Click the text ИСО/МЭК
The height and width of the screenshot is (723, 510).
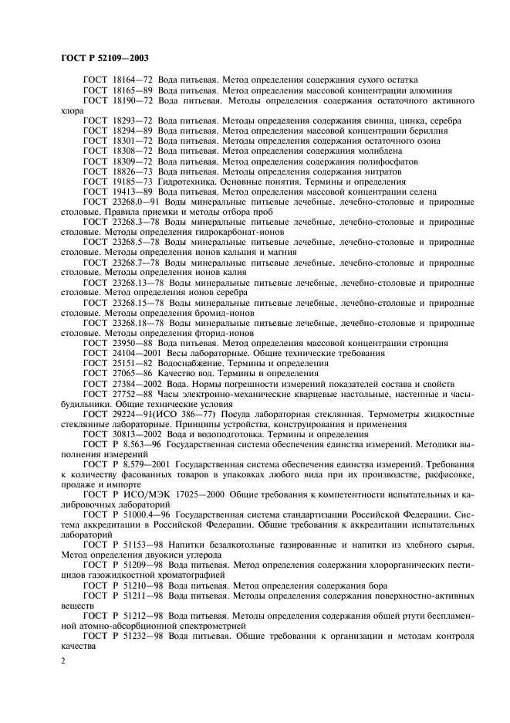(133, 494)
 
